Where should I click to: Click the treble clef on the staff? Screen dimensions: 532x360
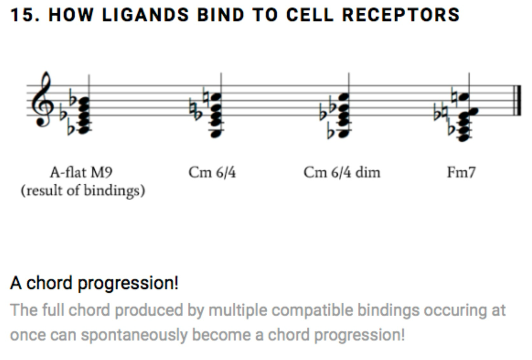[x=42, y=100]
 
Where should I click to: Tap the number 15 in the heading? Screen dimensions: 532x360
[x=22, y=15]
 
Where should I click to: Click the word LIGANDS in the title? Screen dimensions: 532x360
[x=145, y=15]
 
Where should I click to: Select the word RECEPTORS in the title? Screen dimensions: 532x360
[x=401, y=15]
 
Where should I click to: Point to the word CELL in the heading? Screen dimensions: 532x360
[x=310, y=15]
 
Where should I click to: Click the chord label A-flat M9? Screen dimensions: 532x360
[x=81, y=172]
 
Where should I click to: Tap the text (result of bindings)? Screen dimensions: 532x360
[x=83, y=191]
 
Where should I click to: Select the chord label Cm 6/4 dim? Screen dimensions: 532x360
[x=342, y=172]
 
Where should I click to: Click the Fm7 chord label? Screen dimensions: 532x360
[x=461, y=172]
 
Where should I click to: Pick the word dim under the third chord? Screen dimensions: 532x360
[x=368, y=172]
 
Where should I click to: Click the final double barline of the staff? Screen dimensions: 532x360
[x=518, y=100]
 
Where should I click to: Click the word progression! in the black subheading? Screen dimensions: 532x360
[x=128, y=283]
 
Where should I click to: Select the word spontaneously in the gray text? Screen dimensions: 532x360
[x=134, y=335]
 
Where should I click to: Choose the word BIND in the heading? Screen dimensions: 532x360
[x=221, y=15]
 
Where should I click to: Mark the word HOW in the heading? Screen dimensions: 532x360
[x=71, y=15]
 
